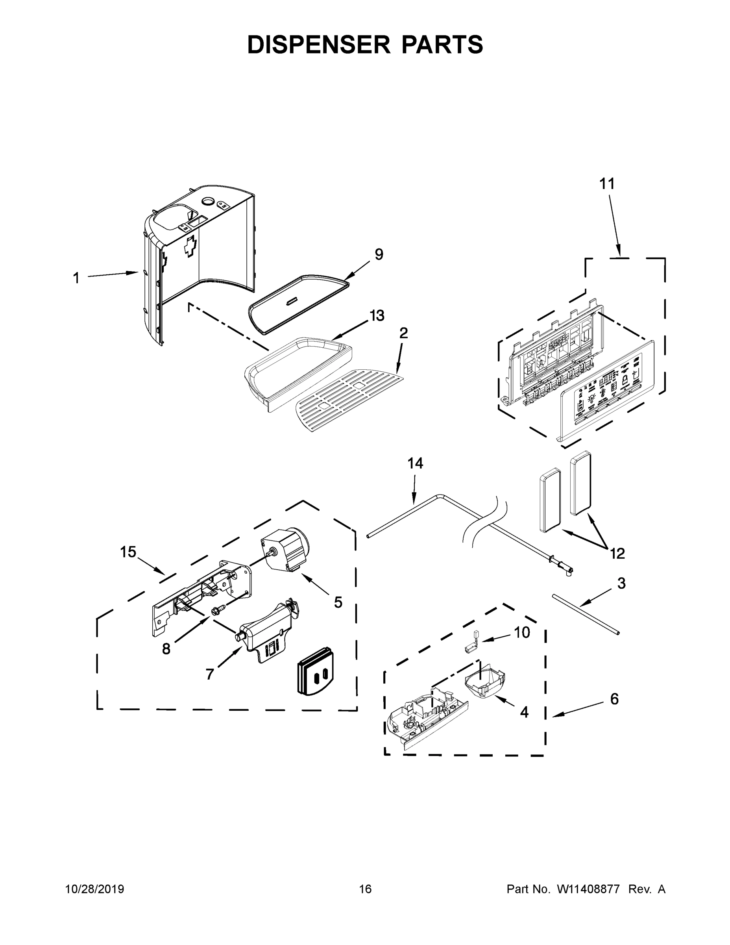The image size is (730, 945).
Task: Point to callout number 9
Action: tap(379, 254)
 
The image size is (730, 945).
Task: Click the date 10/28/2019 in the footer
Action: tap(95, 889)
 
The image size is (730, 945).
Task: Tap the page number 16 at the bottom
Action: tap(365, 889)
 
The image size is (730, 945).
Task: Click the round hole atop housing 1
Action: tap(209, 201)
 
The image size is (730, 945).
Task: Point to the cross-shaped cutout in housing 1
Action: tap(189, 247)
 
